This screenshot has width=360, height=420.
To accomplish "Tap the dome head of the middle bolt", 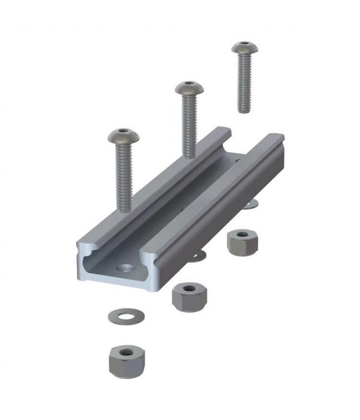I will [189, 88].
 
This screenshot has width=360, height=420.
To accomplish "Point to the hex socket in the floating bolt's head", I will [244, 44].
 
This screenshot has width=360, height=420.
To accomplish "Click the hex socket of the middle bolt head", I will [190, 85].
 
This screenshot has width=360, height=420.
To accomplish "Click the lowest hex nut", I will [126, 359].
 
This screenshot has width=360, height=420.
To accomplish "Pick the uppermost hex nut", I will [242, 241].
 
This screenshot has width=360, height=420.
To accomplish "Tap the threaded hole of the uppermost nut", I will [242, 235].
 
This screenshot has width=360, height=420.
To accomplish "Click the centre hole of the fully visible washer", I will [126, 314].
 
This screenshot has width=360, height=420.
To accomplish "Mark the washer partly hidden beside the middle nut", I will [198, 257].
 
